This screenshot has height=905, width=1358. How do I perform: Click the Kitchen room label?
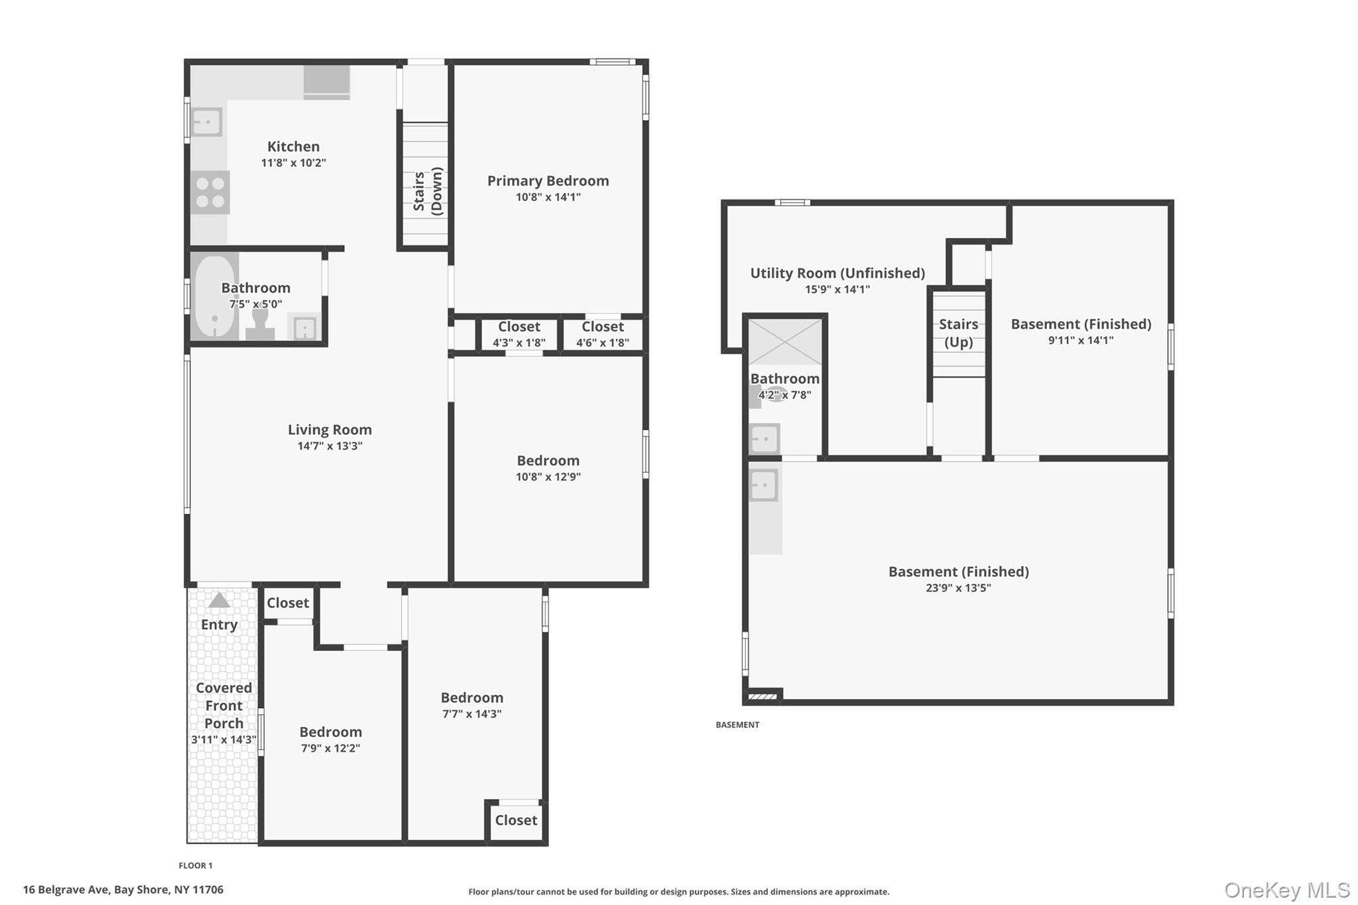(293, 147)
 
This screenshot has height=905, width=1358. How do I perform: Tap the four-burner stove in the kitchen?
(210, 192)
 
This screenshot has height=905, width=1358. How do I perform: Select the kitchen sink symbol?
(207, 122)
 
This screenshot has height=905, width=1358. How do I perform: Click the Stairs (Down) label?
(427, 192)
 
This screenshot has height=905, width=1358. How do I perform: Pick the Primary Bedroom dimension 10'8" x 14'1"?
(548, 197)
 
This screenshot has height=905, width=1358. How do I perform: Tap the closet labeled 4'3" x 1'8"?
(519, 334)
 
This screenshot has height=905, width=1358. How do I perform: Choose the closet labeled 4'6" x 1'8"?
(602, 334)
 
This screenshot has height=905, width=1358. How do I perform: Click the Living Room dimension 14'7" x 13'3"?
(330, 446)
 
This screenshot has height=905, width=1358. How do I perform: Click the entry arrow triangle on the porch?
(219, 600)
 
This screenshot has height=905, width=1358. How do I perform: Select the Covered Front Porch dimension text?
(223, 739)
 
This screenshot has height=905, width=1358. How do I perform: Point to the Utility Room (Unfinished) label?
(837, 273)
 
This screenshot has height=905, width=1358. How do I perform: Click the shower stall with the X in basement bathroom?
(785, 342)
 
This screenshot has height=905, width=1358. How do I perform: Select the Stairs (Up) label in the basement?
(958, 333)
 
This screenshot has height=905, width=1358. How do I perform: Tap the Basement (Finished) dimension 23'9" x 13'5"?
(958, 588)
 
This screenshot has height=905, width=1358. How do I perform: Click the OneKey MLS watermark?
(1286, 890)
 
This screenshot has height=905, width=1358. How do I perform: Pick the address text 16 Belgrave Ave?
(66, 890)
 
